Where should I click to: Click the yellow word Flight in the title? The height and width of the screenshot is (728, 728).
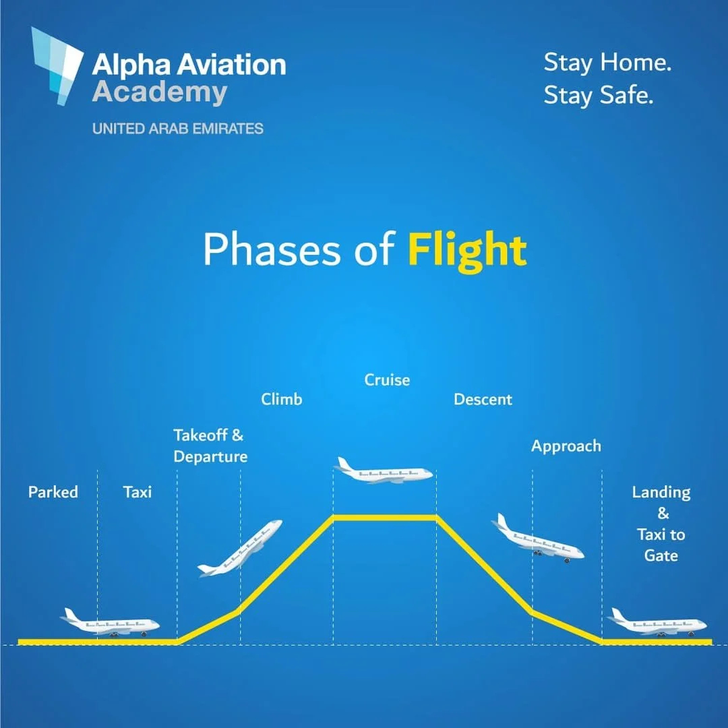(467, 251)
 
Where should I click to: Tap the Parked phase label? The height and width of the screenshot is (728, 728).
(53, 491)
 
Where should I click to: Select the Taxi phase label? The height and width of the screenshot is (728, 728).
(138, 491)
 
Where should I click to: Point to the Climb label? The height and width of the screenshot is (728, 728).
(281, 399)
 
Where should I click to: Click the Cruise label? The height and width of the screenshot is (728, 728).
(387, 380)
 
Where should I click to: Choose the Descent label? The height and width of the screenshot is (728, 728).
(483, 399)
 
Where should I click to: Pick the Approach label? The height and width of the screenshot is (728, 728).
(566, 446)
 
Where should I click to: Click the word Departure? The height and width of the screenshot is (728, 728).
(210, 457)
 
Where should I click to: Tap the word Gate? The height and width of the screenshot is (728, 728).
(661, 555)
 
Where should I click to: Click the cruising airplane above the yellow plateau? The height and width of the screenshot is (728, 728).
(384, 471)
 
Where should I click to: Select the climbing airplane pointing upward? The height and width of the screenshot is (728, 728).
(240, 548)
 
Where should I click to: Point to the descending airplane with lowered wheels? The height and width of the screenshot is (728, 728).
(538, 539)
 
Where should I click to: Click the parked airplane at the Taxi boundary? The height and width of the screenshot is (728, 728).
(110, 623)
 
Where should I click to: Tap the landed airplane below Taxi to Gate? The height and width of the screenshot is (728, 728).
(657, 623)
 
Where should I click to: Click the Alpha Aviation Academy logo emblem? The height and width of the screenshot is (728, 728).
(57, 66)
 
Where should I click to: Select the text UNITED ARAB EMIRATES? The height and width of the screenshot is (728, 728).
(177, 129)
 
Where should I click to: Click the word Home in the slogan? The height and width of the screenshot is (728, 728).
(636, 62)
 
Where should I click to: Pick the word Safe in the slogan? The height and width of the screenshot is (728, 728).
(626, 95)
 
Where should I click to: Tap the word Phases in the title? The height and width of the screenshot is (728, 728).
(272, 250)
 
